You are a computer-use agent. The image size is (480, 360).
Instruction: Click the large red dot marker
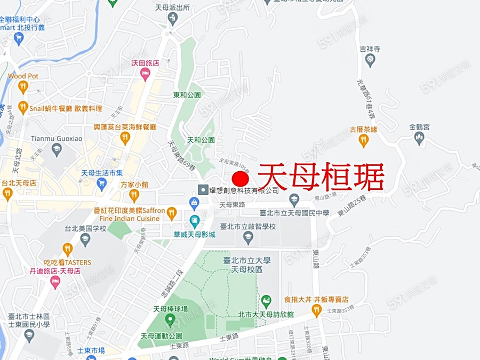coord(241,179)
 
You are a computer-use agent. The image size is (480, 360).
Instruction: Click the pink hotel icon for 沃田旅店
coord(145,75)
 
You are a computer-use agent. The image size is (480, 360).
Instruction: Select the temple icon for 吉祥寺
coord(370,60)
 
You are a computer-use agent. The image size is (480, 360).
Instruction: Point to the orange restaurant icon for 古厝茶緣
coord(364,141)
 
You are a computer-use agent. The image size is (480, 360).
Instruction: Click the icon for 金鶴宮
coord(419,139)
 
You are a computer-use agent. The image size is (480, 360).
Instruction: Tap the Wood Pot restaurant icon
coord(22,87)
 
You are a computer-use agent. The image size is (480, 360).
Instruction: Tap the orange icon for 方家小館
coord(134,196)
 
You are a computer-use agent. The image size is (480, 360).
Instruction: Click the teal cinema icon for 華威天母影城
coord(195,220)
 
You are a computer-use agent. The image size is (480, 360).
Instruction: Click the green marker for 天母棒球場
coord(171,320)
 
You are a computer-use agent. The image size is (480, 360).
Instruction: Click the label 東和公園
coord(187,95)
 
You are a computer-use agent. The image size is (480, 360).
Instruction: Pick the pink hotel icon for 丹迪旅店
coord(55,282)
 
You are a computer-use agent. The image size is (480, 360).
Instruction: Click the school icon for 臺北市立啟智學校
coord(247,237)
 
